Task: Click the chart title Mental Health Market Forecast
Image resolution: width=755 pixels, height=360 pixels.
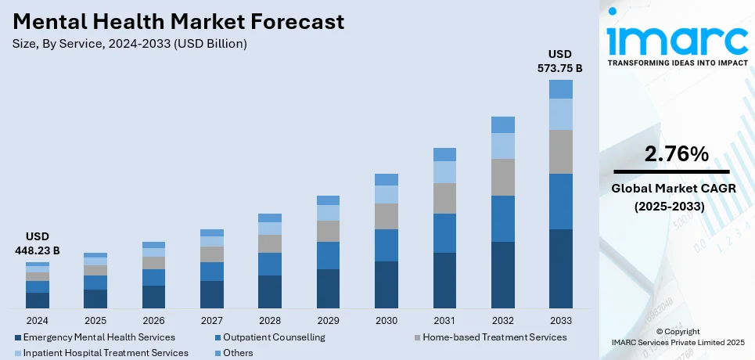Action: (x=178, y=22)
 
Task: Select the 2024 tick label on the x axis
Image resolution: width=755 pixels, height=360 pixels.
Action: (x=38, y=320)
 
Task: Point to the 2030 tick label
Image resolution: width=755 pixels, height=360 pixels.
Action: (x=386, y=320)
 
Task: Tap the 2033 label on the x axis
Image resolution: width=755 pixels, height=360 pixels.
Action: (x=560, y=320)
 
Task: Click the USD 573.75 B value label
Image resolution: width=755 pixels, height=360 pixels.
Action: (x=560, y=61)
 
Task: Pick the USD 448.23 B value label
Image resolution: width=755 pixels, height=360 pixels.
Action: (x=38, y=243)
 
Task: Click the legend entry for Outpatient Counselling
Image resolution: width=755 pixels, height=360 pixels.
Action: (x=274, y=337)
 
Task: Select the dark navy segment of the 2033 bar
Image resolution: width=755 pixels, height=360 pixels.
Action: (x=560, y=268)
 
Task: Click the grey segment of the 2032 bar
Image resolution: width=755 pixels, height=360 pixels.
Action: (x=502, y=177)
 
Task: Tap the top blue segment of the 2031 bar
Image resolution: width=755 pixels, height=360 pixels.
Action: (x=444, y=154)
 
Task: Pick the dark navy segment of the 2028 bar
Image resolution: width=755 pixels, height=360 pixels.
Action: (x=270, y=291)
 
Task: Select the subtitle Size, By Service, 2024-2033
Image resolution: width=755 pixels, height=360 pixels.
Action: (x=130, y=44)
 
